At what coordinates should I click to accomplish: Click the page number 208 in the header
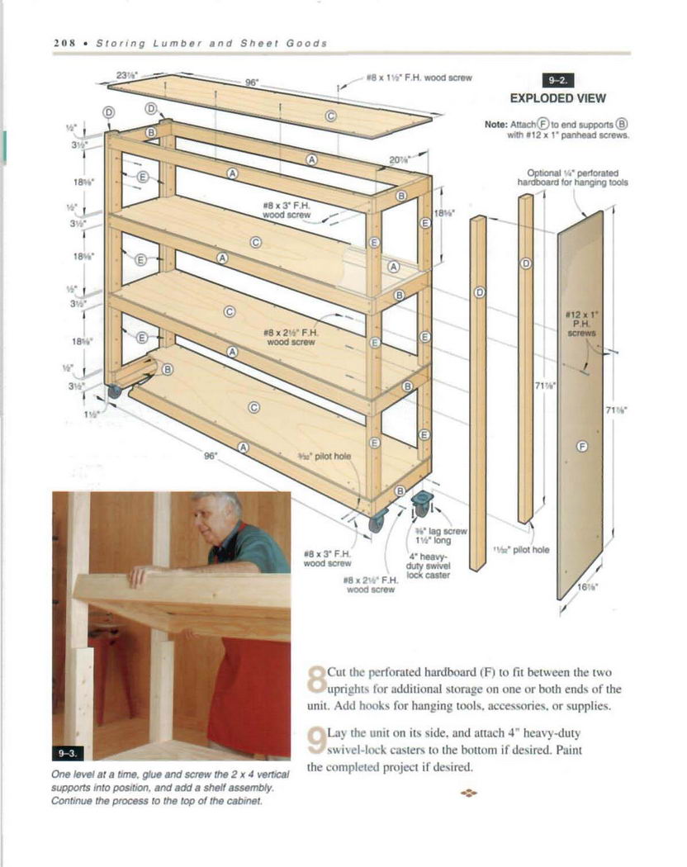click(64, 43)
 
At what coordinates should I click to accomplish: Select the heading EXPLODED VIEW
click(557, 98)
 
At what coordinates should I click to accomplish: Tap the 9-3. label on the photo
click(70, 752)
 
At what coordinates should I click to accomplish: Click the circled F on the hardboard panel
click(580, 447)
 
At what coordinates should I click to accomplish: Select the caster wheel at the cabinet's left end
click(113, 391)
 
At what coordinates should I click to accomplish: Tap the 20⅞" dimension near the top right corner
click(399, 159)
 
